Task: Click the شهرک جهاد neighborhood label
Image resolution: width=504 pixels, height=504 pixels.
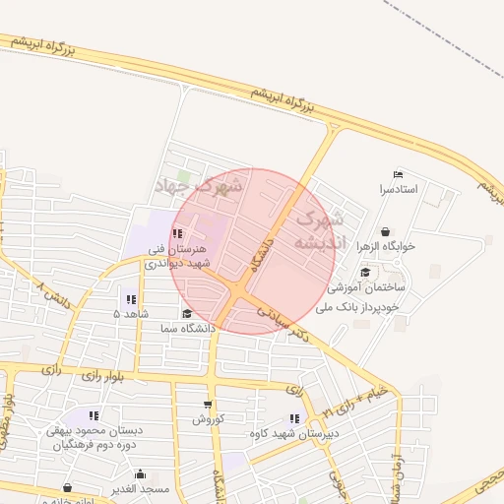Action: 198,184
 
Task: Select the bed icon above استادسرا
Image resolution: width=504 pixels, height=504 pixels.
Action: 398,174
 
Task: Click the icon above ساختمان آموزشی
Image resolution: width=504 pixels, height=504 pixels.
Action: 365,273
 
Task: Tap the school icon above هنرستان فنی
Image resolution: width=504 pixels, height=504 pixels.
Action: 177,234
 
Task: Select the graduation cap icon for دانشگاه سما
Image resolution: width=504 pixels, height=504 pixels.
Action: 186,314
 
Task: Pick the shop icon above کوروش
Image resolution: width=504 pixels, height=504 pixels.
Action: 208,404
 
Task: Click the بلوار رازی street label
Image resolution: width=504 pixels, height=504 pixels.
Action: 93,375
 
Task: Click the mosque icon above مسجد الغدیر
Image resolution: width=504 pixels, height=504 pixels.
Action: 139,473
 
